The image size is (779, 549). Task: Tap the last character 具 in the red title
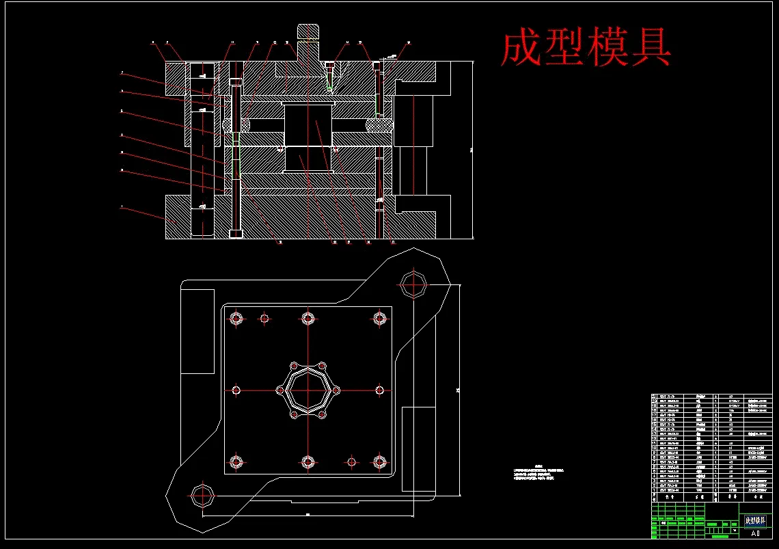[651, 48]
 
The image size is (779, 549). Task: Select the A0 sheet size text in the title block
[754, 533]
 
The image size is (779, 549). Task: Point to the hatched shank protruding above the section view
[308, 33]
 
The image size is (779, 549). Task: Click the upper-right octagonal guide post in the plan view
[413, 283]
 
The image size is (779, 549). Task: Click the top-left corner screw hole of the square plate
[237, 318]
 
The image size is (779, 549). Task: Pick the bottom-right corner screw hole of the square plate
[380, 461]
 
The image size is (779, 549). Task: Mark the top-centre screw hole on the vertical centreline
[308, 318]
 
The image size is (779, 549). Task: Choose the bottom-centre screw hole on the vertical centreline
[308, 461]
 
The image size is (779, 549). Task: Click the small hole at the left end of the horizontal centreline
[236, 390]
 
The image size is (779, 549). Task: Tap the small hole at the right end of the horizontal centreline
[380, 390]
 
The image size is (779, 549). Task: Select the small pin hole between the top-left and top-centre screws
[264, 318]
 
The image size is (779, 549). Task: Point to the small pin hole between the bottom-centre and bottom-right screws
[351, 461]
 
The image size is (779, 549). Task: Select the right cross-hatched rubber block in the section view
[380, 125]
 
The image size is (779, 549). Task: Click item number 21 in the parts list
[654, 397]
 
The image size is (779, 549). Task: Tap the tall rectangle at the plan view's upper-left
[197, 331]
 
